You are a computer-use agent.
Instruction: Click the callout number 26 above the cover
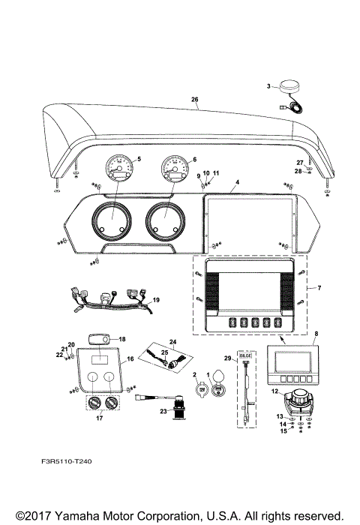pyautogui.click(x=195, y=99)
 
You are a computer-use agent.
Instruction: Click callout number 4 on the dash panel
pyautogui.click(x=236, y=182)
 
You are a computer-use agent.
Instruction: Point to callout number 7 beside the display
pyautogui.click(x=319, y=289)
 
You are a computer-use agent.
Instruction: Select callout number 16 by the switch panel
pyautogui.click(x=130, y=360)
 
